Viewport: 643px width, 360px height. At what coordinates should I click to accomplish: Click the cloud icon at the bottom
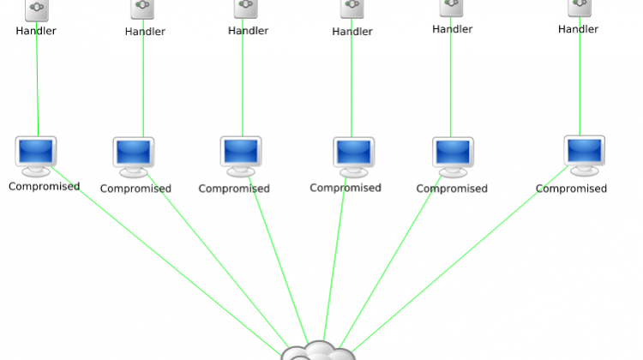click(318, 351)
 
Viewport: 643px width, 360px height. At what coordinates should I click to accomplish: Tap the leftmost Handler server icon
click(37, 9)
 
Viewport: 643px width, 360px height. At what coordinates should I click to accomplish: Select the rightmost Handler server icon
click(580, 8)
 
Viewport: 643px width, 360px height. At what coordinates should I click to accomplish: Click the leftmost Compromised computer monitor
click(36, 156)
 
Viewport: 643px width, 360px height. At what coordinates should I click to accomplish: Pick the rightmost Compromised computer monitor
click(585, 156)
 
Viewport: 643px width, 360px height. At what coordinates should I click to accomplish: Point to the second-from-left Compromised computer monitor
click(134, 158)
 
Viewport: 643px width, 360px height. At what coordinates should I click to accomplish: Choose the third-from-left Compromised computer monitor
click(241, 156)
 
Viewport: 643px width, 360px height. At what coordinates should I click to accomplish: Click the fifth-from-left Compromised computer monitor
click(453, 158)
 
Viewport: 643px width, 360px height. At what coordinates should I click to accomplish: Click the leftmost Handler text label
click(36, 31)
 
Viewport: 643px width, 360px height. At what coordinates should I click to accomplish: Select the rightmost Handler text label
click(578, 29)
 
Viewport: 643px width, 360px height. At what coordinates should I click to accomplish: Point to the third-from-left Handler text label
click(248, 31)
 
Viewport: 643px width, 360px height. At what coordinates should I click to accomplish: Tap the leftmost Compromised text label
click(45, 187)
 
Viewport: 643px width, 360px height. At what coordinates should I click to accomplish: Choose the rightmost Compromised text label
click(571, 189)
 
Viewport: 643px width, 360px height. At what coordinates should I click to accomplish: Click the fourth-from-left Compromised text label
click(346, 188)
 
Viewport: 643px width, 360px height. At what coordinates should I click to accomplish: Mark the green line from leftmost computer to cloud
click(166, 261)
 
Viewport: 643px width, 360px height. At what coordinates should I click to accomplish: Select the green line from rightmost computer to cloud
click(460, 259)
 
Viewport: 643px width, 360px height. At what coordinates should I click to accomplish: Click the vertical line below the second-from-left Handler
click(143, 78)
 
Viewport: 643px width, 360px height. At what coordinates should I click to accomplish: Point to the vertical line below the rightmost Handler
click(580, 76)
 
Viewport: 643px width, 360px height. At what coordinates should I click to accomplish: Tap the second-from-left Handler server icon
click(142, 9)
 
